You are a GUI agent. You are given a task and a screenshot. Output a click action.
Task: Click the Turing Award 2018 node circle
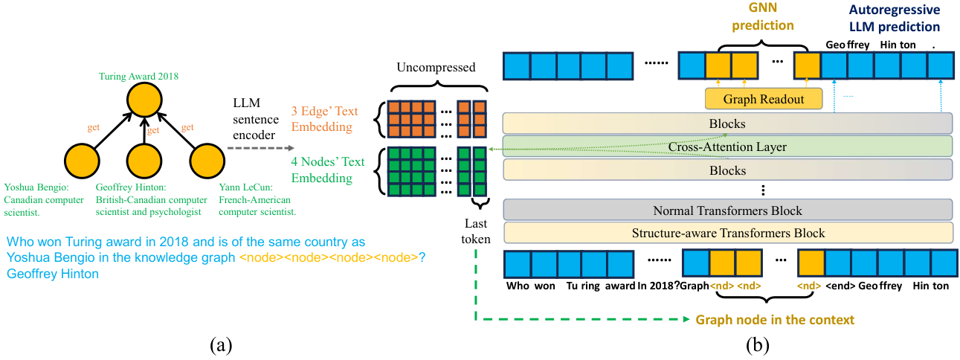click(x=144, y=100)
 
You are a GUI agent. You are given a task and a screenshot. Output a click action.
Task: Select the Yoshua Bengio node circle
click(x=82, y=161)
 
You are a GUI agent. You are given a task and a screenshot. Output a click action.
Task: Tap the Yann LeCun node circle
click(x=207, y=161)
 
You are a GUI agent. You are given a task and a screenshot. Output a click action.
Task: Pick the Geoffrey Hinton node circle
click(x=144, y=161)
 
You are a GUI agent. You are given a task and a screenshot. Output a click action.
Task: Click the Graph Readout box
click(x=764, y=99)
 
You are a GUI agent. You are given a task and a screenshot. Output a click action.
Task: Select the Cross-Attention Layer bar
click(x=727, y=147)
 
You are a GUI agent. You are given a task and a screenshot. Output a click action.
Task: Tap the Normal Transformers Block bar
click(x=727, y=210)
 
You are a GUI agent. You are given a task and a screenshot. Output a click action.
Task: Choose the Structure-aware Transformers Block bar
click(x=728, y=233)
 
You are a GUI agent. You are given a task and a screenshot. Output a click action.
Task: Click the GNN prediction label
click(x=763, y=16)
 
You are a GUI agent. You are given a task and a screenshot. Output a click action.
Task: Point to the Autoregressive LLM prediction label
click(x=895, y=18)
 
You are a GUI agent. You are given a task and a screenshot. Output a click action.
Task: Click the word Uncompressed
click(x=436, y=67)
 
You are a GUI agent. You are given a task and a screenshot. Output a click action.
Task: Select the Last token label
click(x=476, y=231)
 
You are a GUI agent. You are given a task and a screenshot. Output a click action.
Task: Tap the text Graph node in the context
click(x=775, y=320)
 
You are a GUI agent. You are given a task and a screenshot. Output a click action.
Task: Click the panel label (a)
click(x=221, y=345)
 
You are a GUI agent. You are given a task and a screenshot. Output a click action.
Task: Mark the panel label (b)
click(x=757, y=345)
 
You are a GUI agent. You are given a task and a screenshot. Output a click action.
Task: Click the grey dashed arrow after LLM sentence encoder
click(x=260, y=148)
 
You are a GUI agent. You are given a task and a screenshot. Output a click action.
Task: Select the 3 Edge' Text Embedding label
click(x=324, y=119)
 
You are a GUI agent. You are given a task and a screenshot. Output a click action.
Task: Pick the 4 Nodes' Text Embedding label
click(x=328, y=170)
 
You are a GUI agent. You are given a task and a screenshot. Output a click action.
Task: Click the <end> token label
click(x=840, y=286)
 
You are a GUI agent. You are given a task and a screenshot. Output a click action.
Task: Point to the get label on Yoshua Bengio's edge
click(x=94, y=127)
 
